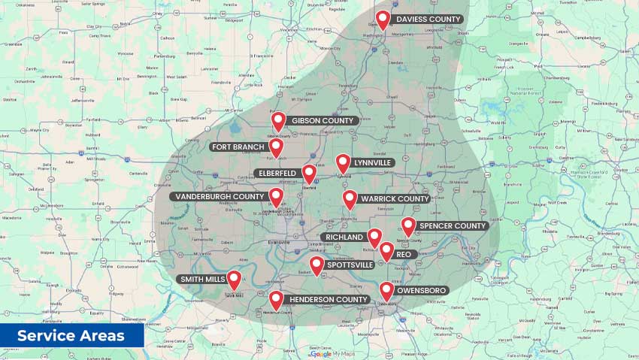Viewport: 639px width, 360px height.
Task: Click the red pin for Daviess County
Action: pyautogui.click(x=383, y=19)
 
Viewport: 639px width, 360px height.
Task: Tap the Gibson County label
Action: pyautogui.click(x=323, y=120)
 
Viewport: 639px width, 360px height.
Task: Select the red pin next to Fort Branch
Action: pyautogui.click(x=276, y=147)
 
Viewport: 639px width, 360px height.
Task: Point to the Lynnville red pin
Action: pyautogui.click(x=343, y=162)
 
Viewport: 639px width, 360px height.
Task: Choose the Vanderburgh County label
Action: pyautogui.click(x=217, y=197)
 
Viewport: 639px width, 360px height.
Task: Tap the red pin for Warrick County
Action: pyautogui.click(x=350, y=198)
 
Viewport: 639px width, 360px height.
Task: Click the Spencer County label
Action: pyautogui.click(x=453, y=225)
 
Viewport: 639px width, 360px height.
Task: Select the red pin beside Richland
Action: pyautogui.click(x=374, y=237)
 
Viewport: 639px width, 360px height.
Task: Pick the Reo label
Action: pyautogui.click(x=404, y=255)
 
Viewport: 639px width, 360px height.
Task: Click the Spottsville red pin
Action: pyautogui.click(x=316, y=265)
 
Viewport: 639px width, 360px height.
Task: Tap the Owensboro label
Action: pyautogui.click(x=422, y=290)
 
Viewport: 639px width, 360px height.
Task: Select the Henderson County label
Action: pyautogui.click(x=329, y=299)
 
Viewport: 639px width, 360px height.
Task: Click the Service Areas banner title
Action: pyautogui.click(x=71, y=336)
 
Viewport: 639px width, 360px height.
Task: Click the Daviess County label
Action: pyautogui.click(x=429, y=19)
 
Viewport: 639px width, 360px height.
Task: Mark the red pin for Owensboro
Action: pyautogui.click(x=386, y=289)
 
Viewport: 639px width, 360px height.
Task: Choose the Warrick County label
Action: pyautogui.click(x=395, y=199)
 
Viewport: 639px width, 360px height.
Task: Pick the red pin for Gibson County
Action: pyautogui.click(x=278, y=120)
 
